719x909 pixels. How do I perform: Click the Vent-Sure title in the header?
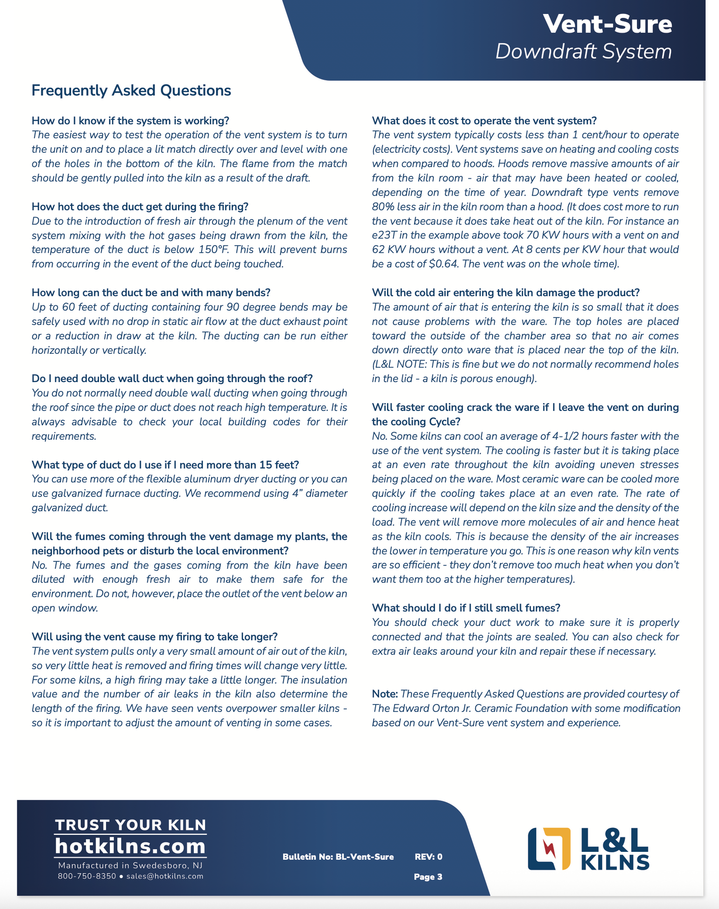pyautogui.click(x=607, y=24)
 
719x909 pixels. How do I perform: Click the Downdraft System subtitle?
pyautogui.click(x=583, y=52)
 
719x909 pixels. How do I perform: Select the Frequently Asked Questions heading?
pyautogui.click(x=131, y=91)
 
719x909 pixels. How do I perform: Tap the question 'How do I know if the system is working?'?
pyautogui.click(x=130, y=121)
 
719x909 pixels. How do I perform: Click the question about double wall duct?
pyautogui.click(x=172, y=379)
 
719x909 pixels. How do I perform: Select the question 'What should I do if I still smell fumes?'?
pyautogui.click(x=466, y=608)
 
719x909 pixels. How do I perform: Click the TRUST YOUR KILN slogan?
pyautogui.click(x=130, y=825)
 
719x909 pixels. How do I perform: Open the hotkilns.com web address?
pyautogui.click(x=130, y=846)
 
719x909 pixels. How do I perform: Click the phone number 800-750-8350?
pyautogui.click(x=87, y=876)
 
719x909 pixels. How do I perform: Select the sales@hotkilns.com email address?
pyautogui.click(x=165, y=876)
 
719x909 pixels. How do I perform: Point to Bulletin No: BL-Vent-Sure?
pyautogui.click(x=338, y=857)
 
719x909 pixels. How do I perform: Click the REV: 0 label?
pyautogui.click(x=428, y=857)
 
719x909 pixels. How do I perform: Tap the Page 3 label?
pyautogui.click(x=428, y=877)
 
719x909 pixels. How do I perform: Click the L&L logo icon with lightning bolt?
pyautogui.click(x=549, y=849)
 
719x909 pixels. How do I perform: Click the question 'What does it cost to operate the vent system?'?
pyautogui.click(x=484, y=121)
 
